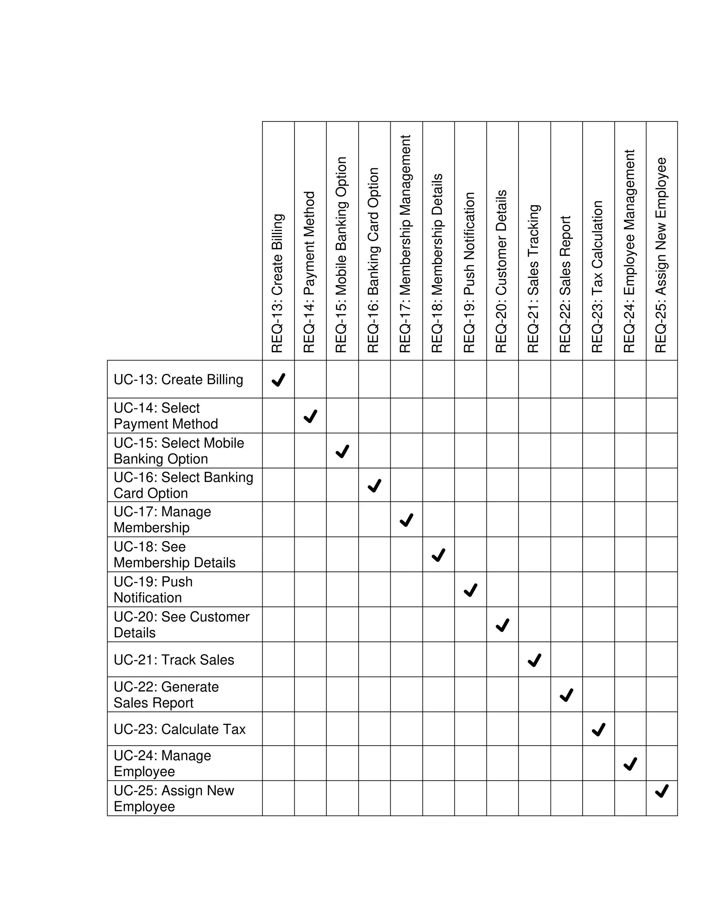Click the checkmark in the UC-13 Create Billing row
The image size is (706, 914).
pyautogui.click(x=278, y=380)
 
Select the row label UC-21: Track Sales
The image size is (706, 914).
pyautogui.click(x=174, y=660)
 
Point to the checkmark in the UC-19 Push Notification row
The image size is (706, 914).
pyautogui.click(x=471, y=590)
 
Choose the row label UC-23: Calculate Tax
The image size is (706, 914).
pyautogui.click(x=179, y=729)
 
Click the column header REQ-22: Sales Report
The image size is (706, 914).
pyautogui.click(x=565, y=284)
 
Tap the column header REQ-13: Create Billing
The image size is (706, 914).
pyautogui.click(x=278, y=283)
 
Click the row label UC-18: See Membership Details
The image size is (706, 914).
pyautogui.click(x=174, y=555)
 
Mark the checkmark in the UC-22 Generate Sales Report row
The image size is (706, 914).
pyautogui.click(x=566, y=695)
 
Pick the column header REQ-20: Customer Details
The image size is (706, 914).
pyautogui.click(x=502, y=271)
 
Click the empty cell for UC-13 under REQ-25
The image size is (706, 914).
pyautogui.click(x=662, y=379)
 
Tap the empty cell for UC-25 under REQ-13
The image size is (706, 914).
pyautogui.click(x=278, y=798)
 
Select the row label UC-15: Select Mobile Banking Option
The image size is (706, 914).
pyautogui.click(x=179, y=451)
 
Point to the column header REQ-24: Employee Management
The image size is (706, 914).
pyautogui.click(x=629, y=251)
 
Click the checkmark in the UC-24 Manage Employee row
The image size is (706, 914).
pyautogui.click(x=630, y=764)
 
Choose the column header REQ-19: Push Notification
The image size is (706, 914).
pyautogui.click(x=469, y=272)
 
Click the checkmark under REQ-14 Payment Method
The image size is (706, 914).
pyautogui.click(x=310, y=416)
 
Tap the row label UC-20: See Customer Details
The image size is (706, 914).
pyautogui.click(x=182, y=624)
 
